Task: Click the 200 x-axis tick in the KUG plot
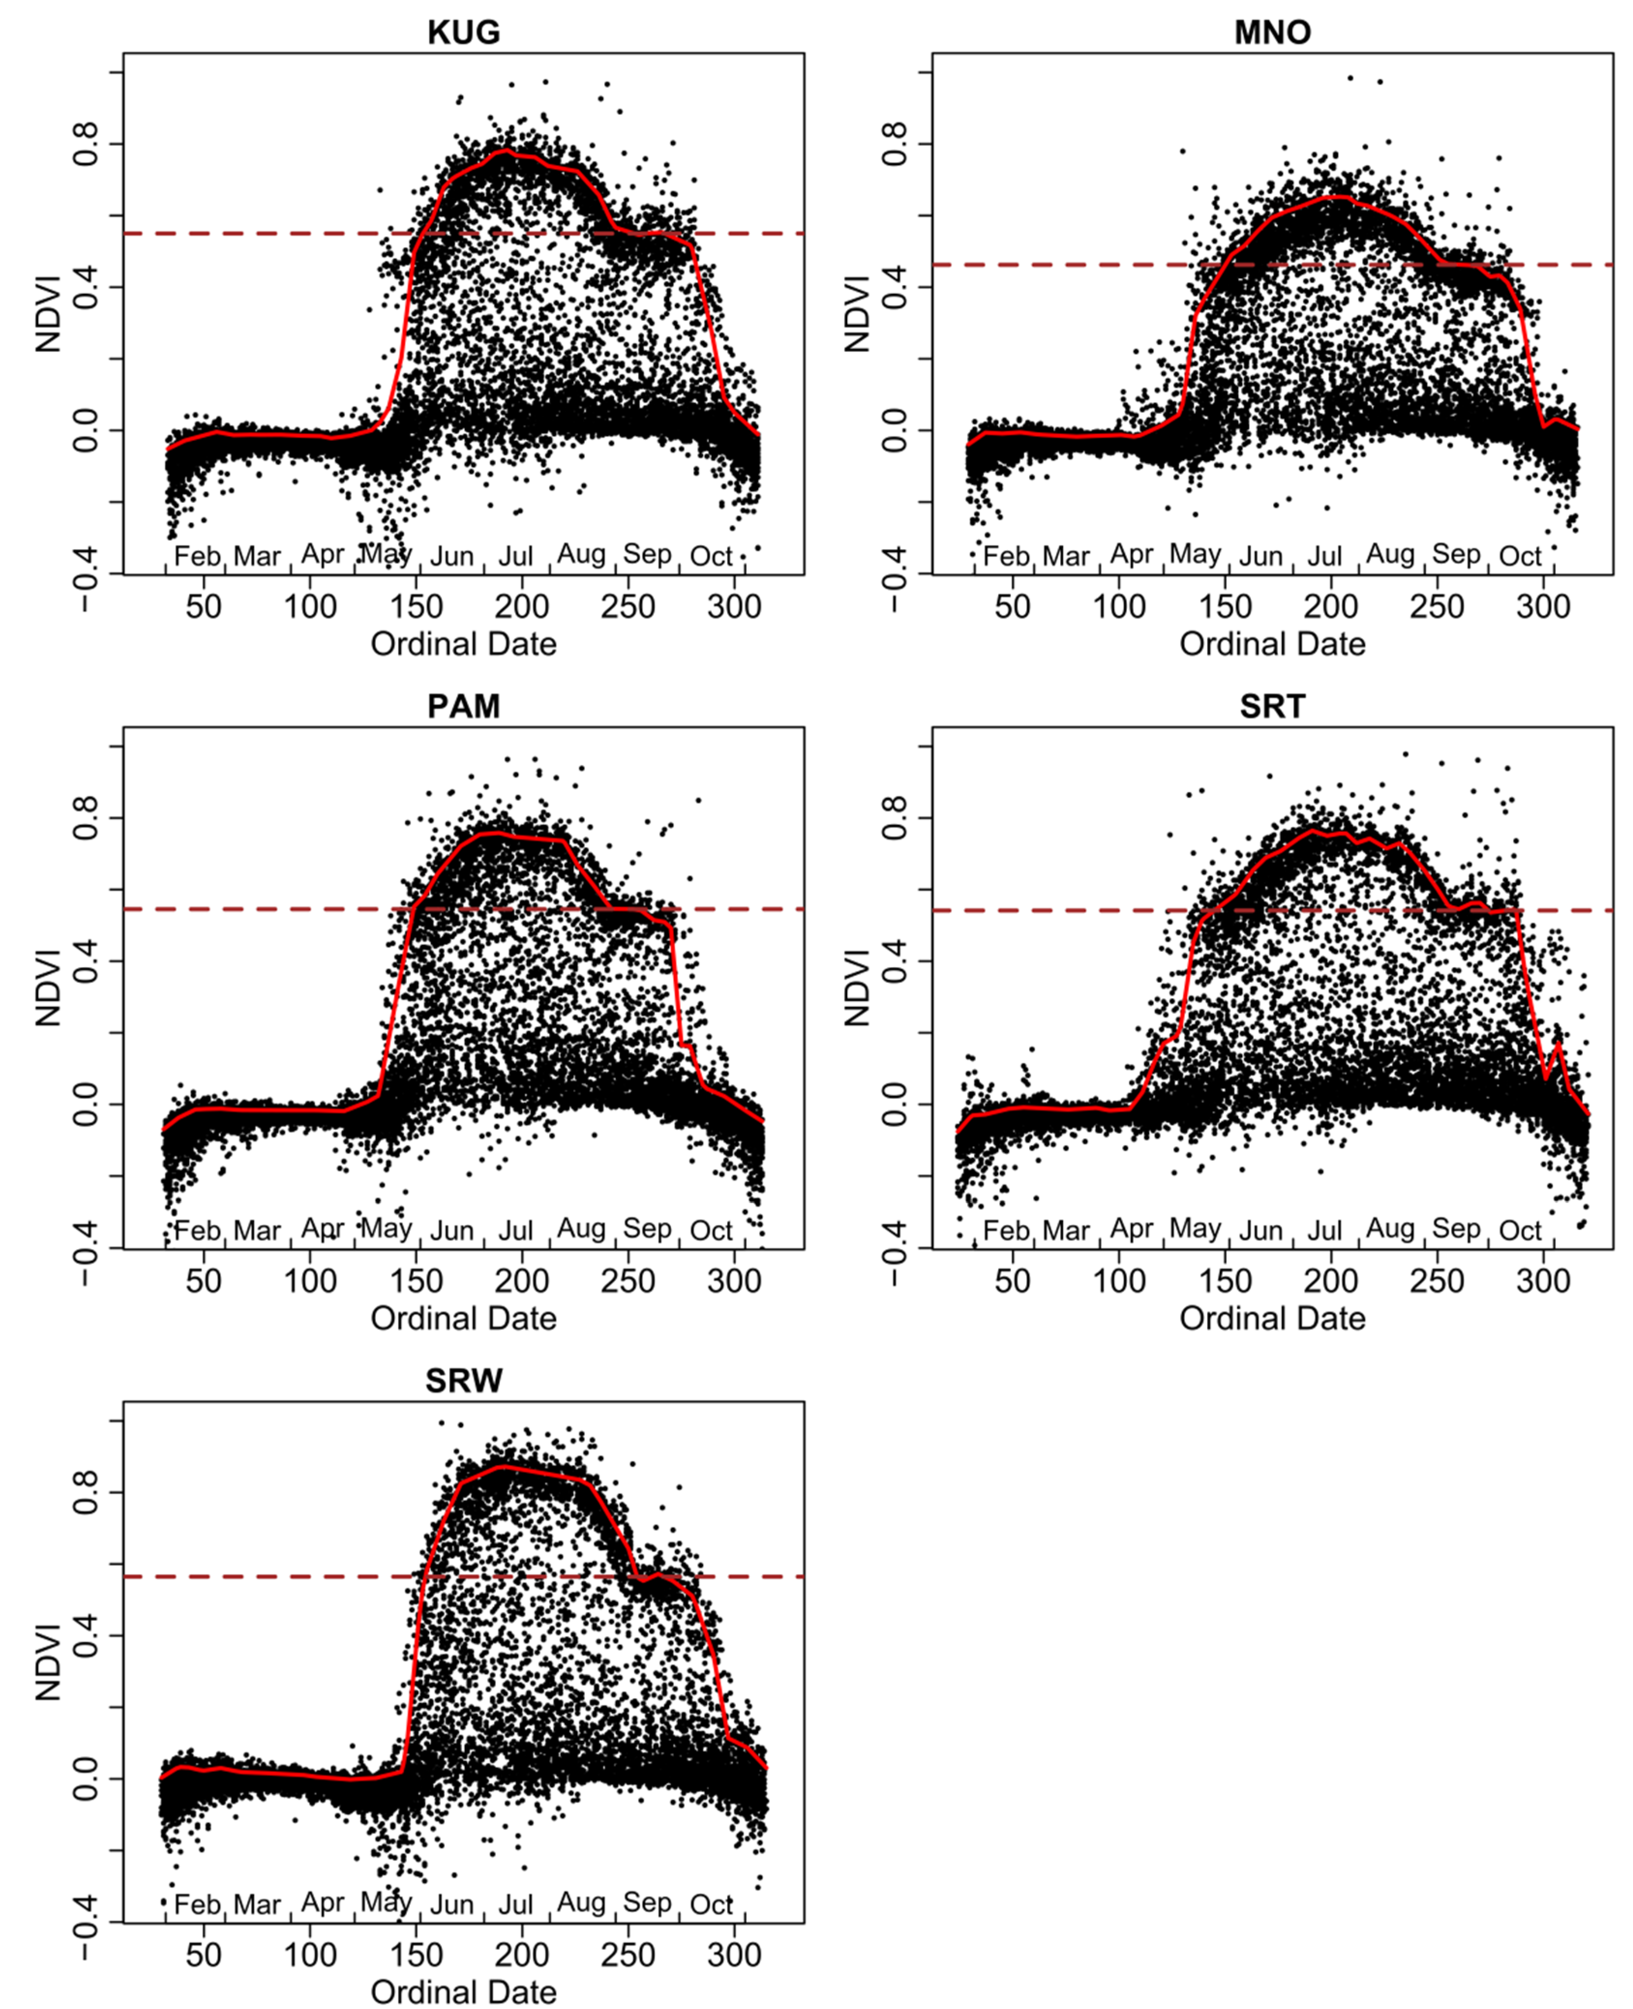(x=522, y=607)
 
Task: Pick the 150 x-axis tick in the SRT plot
(x=1225, y=1281)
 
